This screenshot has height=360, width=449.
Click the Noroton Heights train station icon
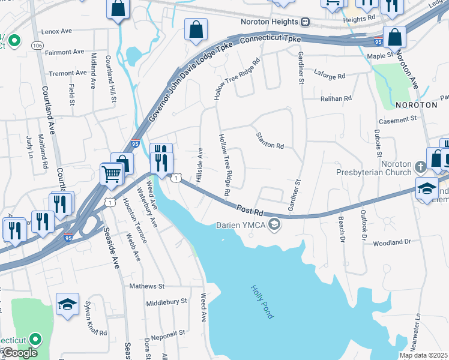click(x=306, y=22)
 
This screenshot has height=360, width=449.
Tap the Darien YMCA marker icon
click(x=274, y=225)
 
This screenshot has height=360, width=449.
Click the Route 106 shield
click(x=37, y=45)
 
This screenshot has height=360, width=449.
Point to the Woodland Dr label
click(x=391, y=242)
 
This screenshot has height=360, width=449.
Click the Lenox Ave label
click(x=56, y=31)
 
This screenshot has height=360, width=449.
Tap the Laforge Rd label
click(x=330, y=76)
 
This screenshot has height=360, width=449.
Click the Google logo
click(x=19, y=353)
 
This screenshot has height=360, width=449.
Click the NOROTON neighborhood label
click(x=417, y=104)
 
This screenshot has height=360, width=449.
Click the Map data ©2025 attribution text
click(x=423, y=355)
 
